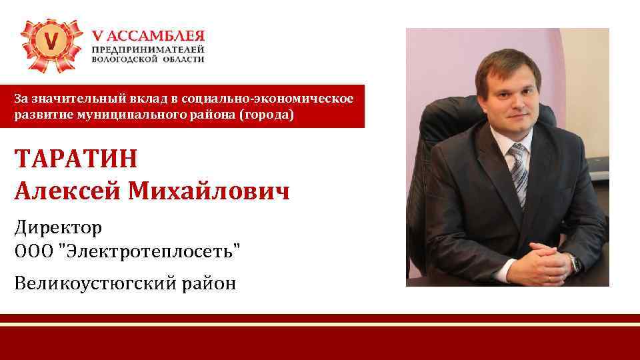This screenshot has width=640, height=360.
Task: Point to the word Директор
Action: (x=58, y=228)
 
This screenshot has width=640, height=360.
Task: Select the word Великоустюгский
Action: (x=94, y=284)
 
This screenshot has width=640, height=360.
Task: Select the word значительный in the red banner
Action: (x=73, y=99)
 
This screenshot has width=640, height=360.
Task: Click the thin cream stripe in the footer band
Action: (x=320, y=324)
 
